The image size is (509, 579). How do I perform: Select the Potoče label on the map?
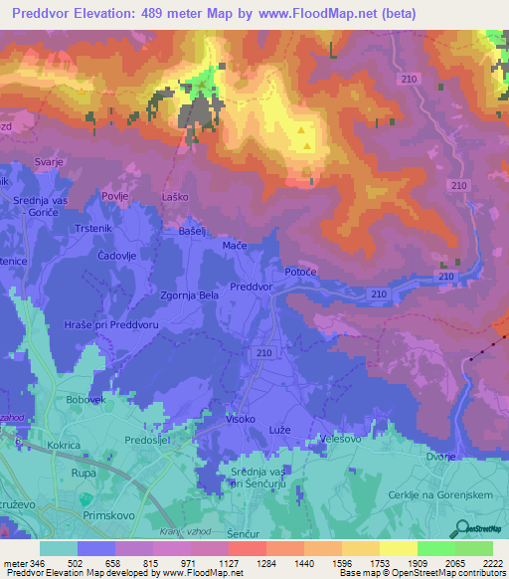[300, 272]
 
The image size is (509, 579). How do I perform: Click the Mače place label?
[235, 245]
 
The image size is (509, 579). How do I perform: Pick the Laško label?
[175, 198]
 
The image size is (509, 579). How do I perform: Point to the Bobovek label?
[85, 399]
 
